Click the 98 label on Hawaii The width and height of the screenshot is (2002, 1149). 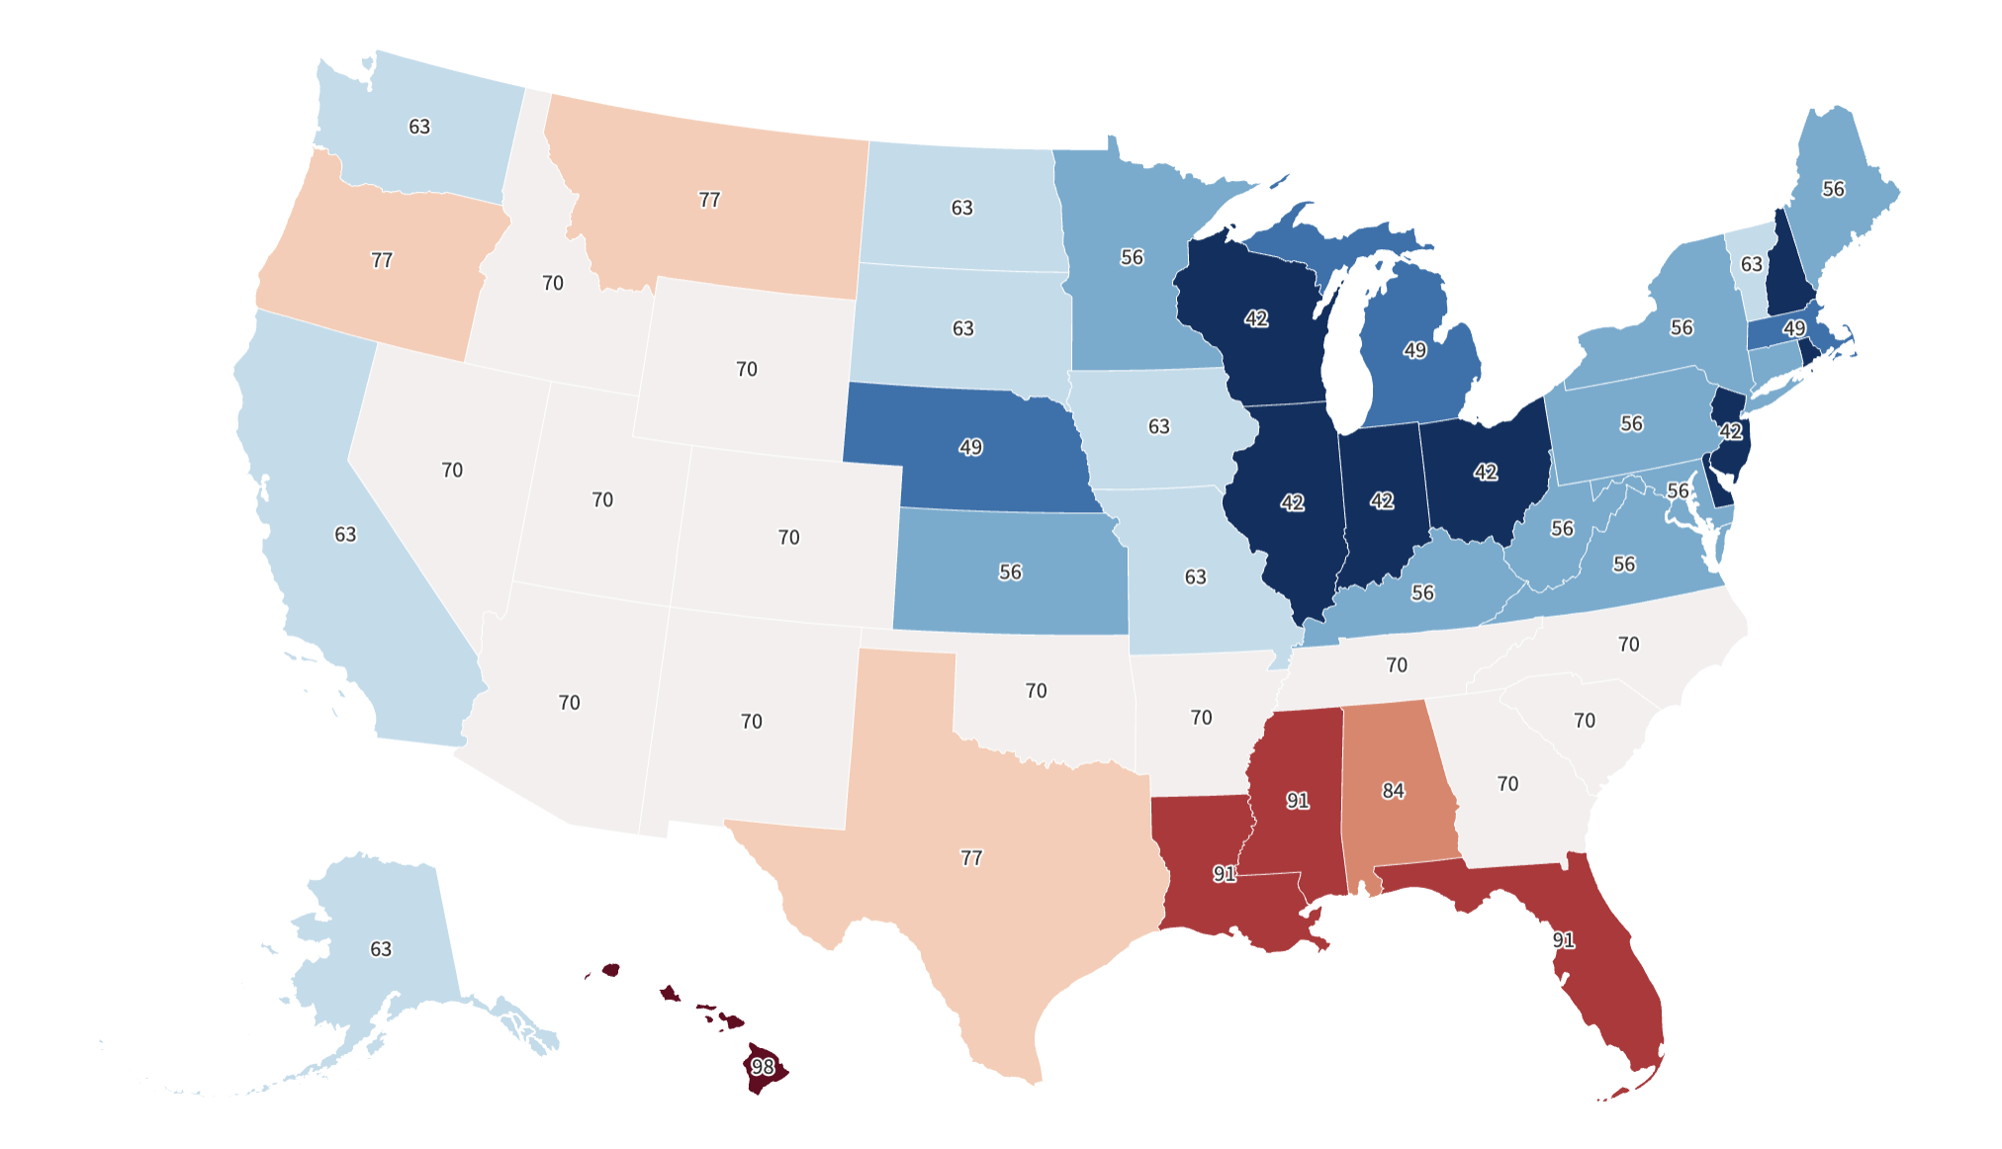[762, 1067]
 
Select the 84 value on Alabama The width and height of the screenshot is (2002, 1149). [1393, 791]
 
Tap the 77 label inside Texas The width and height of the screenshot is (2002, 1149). [971, 858]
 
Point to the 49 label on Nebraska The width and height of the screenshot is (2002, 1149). [970, 447]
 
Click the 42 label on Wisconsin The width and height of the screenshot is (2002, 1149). [1256, 318]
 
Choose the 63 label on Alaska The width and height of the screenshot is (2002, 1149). [381, 949]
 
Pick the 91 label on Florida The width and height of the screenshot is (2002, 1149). [1563, 939]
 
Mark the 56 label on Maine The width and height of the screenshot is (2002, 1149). [1833, 189]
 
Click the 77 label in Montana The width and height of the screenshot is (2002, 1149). [709, 200]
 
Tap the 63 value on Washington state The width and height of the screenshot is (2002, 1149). [419, 127]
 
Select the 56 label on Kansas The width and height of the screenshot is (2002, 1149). [1010, 572]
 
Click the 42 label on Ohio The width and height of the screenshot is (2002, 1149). [1485, 472]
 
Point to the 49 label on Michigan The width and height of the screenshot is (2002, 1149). [1414, 350]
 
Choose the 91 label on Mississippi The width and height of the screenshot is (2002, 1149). [1298, 800]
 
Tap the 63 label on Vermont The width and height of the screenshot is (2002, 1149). [1752, 264]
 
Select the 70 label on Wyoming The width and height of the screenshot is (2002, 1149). [747, 369]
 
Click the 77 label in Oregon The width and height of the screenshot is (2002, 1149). [382, 260]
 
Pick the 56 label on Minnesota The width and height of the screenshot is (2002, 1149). [1132, 257]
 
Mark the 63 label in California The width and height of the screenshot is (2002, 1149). [345, 534]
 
